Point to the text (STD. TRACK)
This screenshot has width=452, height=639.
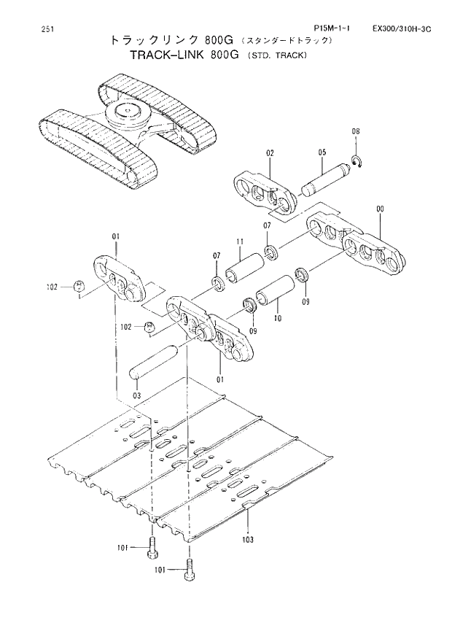click(278, 56)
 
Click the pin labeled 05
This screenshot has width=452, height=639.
click(323, 181)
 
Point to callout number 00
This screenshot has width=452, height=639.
click(379, 209)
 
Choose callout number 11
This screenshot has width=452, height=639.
click(238, 241)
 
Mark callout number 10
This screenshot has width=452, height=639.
click(277, 319)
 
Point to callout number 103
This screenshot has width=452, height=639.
click(249, 540)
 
